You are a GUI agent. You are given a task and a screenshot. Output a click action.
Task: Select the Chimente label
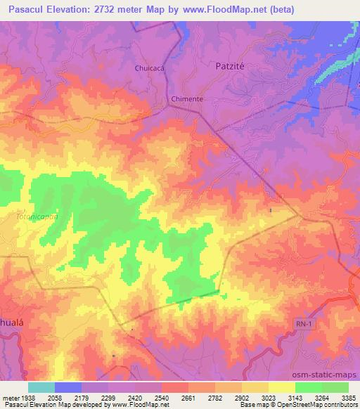[x=187, y=99]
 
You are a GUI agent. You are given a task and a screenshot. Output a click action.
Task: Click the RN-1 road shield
[x=303, y=321]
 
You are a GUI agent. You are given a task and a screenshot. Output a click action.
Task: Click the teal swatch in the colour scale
[x=41, y=387]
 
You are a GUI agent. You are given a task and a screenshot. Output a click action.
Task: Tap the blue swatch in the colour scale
[x=68, y=387]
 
